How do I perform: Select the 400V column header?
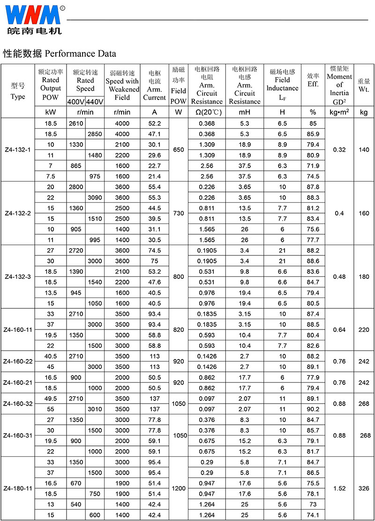point(76,102)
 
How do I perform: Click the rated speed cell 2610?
point(75,123)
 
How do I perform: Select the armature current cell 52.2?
point(154,123)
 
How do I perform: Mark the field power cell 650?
point(179,150)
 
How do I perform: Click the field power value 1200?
point(179,488)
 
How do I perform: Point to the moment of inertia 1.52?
point(339,488)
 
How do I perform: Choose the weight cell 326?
point(364,488)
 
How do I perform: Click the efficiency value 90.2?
point(313,409)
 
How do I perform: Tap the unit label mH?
point(245,112)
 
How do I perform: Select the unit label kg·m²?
point(339,112)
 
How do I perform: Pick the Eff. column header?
point(313,80)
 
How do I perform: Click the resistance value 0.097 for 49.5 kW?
point(207,398)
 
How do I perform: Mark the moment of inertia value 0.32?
point(339,150)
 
